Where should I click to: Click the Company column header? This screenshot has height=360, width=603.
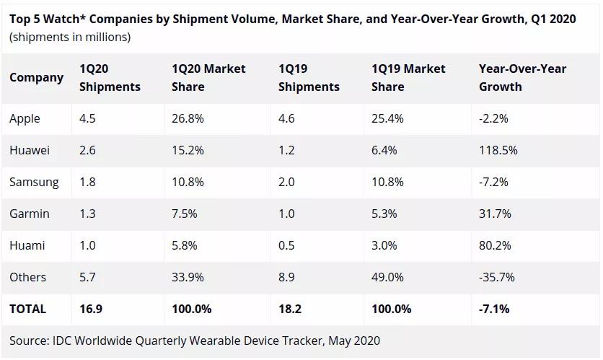(36, 77)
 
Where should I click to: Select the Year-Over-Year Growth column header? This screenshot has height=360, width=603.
(522, 77)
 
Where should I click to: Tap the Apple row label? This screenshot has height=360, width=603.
(25, 118)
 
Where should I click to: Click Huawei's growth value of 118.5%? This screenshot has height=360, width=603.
(498, 150)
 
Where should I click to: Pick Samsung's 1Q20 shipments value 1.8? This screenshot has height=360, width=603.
(87, 182)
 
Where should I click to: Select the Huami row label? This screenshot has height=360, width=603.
(27, 245)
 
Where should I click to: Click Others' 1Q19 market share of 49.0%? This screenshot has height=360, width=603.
(387, 277)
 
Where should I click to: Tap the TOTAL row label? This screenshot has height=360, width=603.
(27, 309)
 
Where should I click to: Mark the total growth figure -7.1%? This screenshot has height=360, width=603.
(494, 309)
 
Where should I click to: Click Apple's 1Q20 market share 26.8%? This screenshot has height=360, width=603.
(188, 118)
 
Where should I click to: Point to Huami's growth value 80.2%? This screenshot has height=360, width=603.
(495, 245)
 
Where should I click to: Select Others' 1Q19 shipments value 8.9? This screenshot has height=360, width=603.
(286, 277)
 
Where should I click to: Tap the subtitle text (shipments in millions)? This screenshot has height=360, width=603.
(70, 37)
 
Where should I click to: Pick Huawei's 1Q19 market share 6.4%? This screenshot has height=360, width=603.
(384, 150)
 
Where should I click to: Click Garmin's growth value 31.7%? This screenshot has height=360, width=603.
(495, 214)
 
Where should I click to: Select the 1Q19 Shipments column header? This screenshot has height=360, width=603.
(309, 77)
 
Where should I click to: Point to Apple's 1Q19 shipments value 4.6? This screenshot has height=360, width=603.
(286, 118)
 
